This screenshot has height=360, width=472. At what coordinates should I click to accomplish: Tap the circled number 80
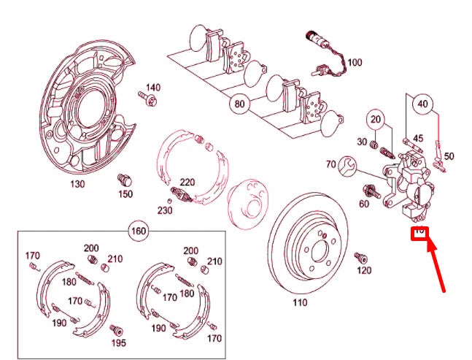(x=239, y=103)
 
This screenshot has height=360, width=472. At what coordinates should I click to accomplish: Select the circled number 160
(x=137, y=232)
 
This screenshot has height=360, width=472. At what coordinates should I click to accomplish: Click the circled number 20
(x=376, y=120)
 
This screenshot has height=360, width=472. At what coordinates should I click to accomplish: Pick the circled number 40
(x=424, y=104)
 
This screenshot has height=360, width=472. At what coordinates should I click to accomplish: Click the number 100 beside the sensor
(x=354, y=62)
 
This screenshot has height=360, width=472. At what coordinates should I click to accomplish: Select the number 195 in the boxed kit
(x=118, y=342)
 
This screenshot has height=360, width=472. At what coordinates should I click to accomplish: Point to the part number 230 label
(x=164, y=211)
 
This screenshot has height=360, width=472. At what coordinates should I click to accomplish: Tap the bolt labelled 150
(x=125, y=179)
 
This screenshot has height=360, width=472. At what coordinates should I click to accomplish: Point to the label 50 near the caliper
(x=449, y=156)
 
